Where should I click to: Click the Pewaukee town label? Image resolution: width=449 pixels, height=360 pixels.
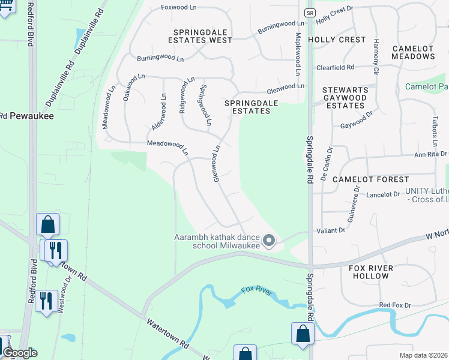[30, 116]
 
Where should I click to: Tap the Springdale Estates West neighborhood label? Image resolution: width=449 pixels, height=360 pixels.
[202, 36]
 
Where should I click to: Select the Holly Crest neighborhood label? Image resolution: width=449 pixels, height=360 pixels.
[337, 40]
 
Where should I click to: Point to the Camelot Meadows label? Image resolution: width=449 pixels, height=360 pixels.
[413, 52]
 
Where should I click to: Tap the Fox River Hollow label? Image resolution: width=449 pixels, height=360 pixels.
[372, 272]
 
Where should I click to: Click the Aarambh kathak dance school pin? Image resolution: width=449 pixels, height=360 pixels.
[270, 241]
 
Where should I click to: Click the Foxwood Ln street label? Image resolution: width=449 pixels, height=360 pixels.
[179, 8]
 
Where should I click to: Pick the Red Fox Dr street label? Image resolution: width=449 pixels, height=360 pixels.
[395, 305]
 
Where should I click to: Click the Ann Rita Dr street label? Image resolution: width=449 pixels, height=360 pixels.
[430, 154]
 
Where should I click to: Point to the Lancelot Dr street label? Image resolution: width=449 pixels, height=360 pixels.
[383, 194]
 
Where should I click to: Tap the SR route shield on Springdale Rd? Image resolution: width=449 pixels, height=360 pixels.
[309, 12]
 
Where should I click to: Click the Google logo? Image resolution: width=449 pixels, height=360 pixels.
[20, 353]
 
